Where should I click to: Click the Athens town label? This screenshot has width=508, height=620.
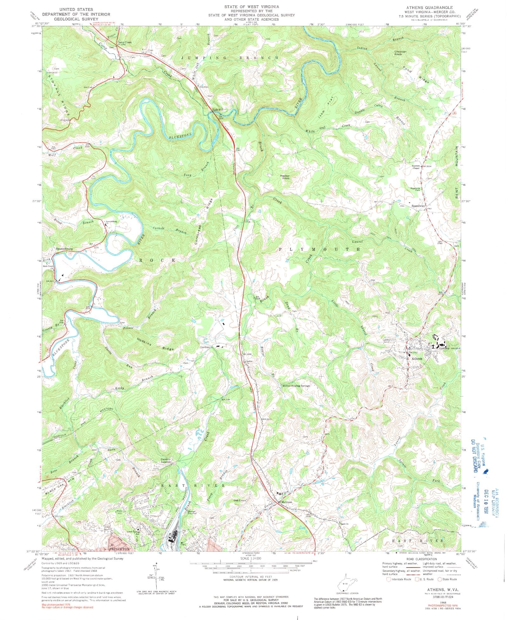click(417, 359)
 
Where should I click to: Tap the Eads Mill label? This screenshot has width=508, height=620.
click(218, 110)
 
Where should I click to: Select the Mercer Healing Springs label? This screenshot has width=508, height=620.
click(296, 386)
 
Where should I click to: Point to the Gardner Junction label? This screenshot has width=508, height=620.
click(166, 461)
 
